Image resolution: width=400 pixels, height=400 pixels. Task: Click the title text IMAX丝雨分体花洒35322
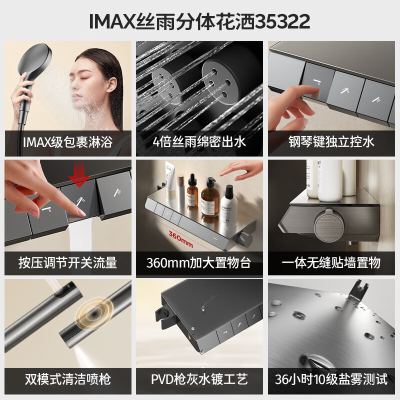[200, 21]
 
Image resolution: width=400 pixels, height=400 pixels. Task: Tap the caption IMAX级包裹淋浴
[67, 142]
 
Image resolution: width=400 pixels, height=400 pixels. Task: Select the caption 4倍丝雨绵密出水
[199, 142]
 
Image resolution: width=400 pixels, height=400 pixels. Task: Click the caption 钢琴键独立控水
[331, 142]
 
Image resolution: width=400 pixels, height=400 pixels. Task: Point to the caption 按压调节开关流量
[67, 262]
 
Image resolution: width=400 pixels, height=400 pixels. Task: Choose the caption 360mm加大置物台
[199, 262]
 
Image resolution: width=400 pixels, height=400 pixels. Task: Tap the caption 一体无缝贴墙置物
[331, 262]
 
